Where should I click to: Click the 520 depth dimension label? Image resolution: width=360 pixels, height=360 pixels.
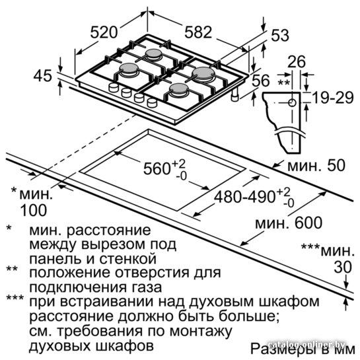click(104, 32)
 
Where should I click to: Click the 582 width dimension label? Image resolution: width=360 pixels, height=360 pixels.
click(198, 32)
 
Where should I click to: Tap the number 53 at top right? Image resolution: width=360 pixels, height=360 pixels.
click(280, 36)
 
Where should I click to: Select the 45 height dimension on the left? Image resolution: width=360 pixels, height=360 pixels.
click(43, 76)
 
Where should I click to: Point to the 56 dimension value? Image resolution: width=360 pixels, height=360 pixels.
click(260, 81)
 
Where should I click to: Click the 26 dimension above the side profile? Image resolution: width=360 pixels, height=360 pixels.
click(297, 61)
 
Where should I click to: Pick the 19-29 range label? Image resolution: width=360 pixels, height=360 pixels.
click(333, 98)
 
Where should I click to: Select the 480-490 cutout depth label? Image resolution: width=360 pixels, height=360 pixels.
click(244, 197)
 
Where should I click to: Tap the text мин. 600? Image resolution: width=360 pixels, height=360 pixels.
click(289, 222)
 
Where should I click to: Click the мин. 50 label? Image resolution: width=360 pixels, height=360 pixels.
click(316, 165)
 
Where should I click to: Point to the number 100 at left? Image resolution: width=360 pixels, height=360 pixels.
click(34, 210)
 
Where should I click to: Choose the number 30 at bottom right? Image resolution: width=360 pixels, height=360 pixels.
click(343, 268)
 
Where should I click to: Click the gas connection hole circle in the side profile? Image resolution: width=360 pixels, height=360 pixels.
click(292, 102)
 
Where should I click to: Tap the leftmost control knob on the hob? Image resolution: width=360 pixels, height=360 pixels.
click(114, 87)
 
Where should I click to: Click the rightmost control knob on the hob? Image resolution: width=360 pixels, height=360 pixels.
click(152, 102)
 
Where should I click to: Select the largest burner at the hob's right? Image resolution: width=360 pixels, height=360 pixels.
click(203, 74)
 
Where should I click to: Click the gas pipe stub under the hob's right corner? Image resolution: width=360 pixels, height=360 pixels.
click(235, 94)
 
